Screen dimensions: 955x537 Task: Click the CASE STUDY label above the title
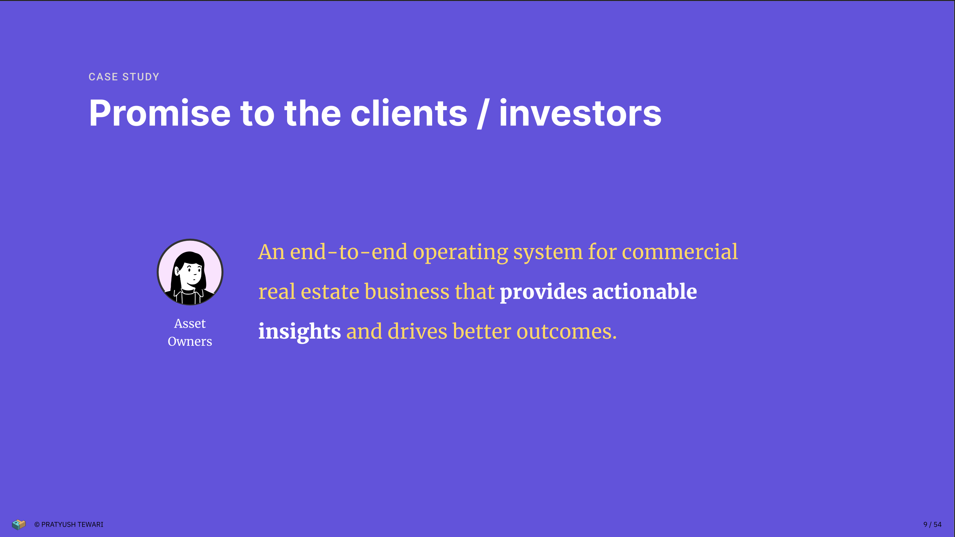coord(124,77)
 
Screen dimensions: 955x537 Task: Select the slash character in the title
coord(483,114)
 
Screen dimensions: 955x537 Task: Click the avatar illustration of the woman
coord(190,272)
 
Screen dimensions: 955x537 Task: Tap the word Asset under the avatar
coord(190,324)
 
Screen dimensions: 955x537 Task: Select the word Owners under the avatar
coord(190,341)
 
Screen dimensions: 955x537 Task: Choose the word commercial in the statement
coord(680,252)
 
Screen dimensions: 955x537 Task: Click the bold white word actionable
coord(645,291)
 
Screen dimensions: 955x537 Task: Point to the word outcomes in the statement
coord(567,332)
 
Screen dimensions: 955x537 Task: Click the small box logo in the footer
coord(18,524)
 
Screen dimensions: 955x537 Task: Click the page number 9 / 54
coord(932,524)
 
